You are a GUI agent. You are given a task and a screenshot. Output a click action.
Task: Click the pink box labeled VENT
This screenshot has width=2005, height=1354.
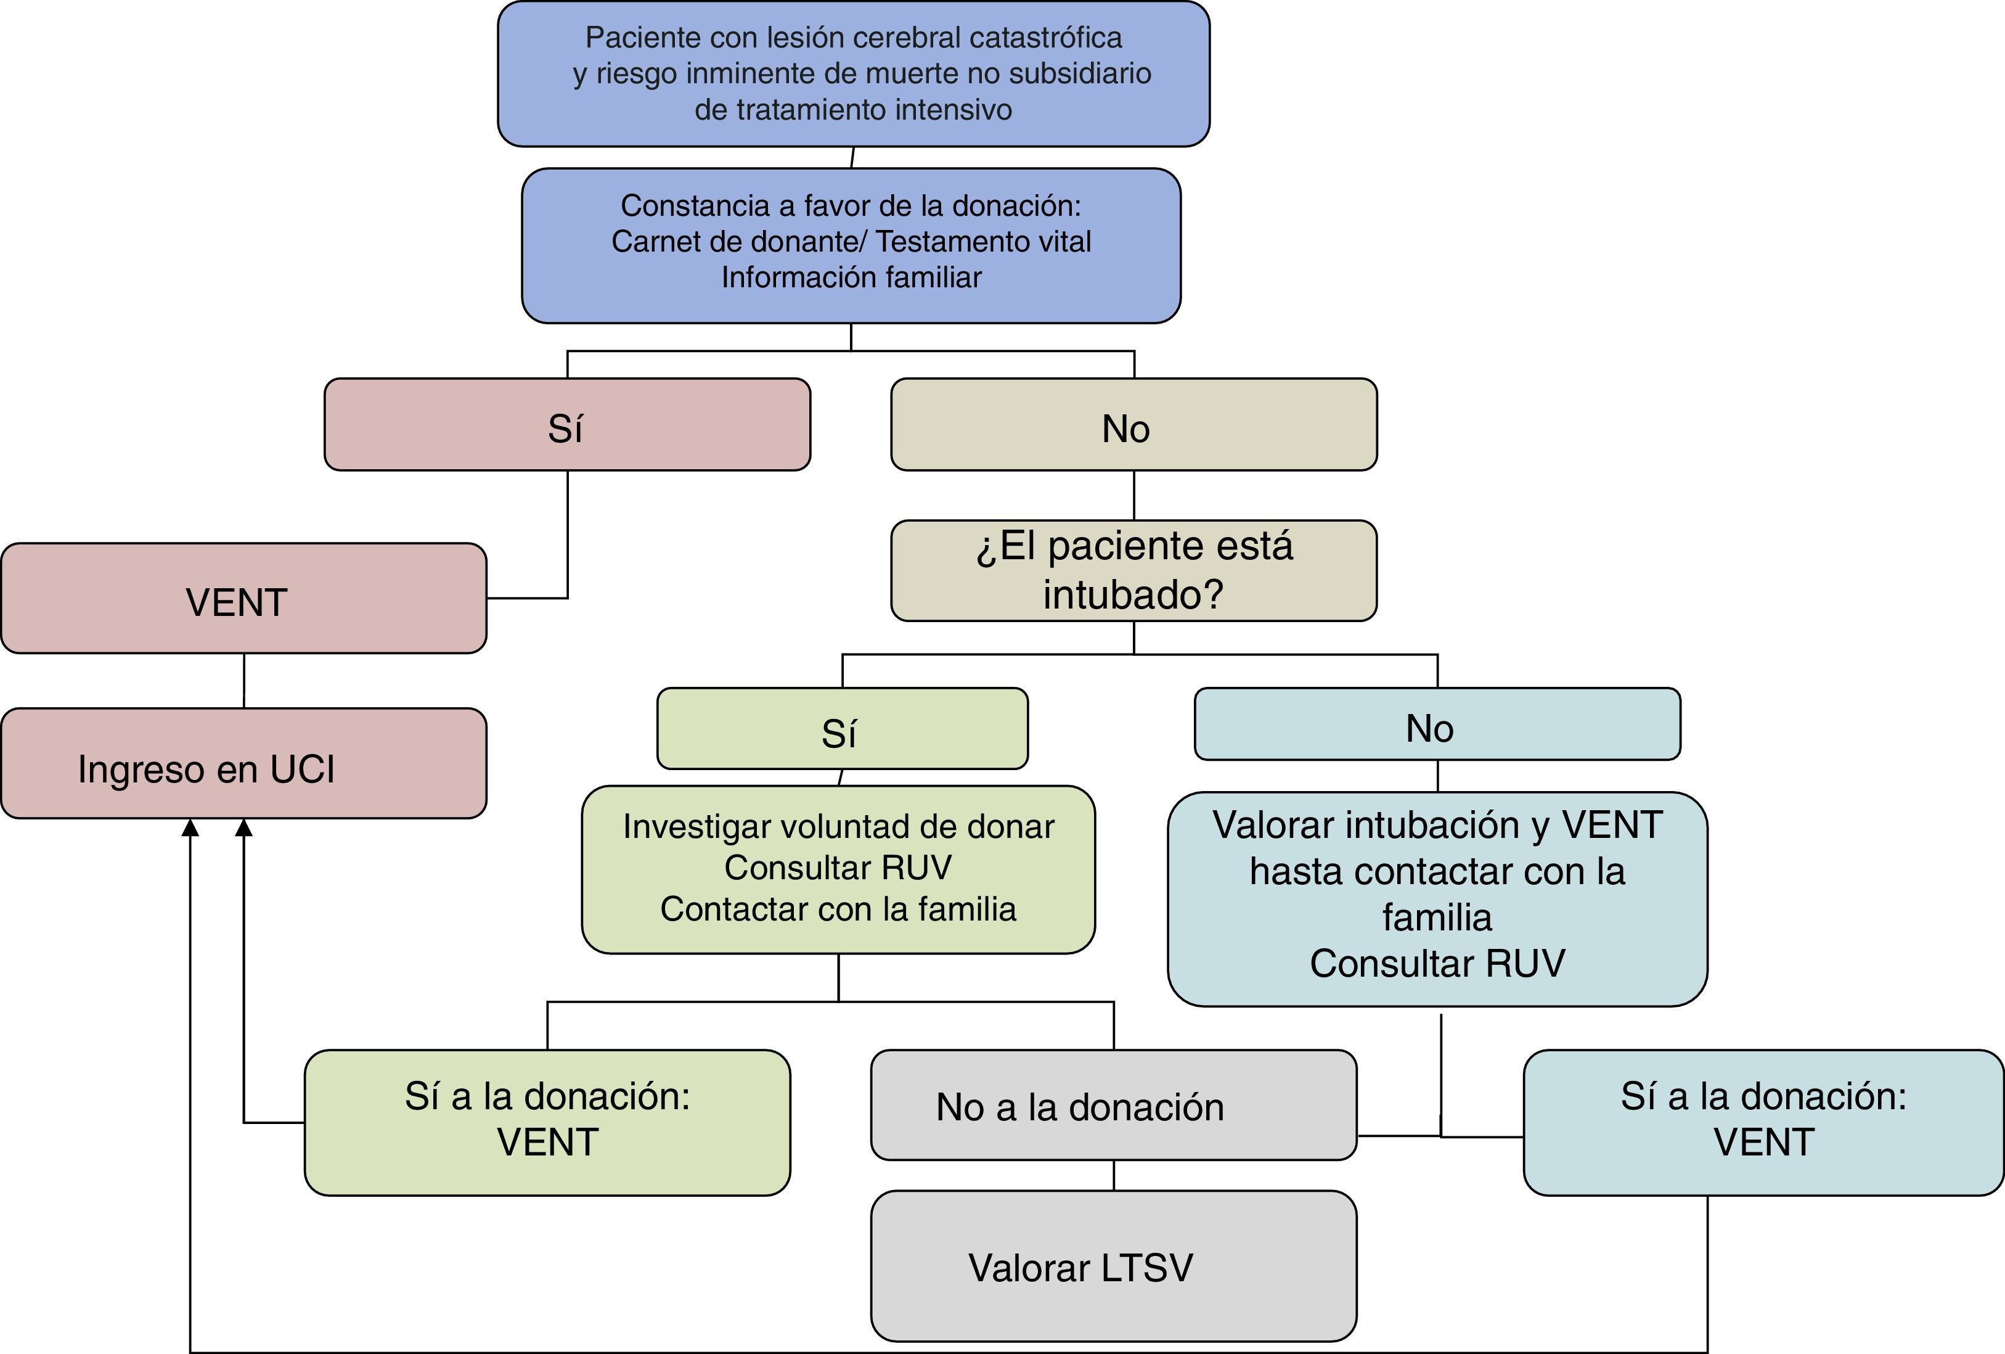(244, 598)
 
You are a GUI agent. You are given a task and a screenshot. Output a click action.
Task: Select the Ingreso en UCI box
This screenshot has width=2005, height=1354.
(244, 763)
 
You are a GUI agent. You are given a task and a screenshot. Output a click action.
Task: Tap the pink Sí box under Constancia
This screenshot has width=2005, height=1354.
(567, 425)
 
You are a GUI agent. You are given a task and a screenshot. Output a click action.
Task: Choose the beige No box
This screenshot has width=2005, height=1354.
(1133, 425)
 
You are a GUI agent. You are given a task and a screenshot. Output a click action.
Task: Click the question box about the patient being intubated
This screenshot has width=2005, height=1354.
(1133, 570)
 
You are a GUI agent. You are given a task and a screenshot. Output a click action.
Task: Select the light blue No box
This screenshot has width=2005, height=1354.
(1437, 724)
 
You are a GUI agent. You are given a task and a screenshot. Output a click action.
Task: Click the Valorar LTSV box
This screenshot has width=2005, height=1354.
(1114, 1266)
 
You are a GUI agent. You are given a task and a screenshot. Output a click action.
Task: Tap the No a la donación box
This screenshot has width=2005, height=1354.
(1114, 1105)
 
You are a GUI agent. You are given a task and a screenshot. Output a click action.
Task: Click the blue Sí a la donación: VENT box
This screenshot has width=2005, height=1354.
(1763, 1122)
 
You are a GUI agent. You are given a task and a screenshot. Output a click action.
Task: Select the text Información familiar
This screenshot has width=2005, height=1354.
(852, 277)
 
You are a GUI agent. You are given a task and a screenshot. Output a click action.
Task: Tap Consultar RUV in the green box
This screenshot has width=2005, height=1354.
(838, 868)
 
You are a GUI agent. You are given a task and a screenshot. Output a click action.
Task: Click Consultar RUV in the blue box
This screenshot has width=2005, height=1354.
(1437, 963)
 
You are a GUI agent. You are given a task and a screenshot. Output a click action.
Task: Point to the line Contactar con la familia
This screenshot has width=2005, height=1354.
(838, 909)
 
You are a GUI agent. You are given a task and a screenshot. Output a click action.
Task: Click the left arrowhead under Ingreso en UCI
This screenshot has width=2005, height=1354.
(190, 827)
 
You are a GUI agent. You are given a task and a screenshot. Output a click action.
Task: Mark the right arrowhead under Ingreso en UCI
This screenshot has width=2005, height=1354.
(244, 827)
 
